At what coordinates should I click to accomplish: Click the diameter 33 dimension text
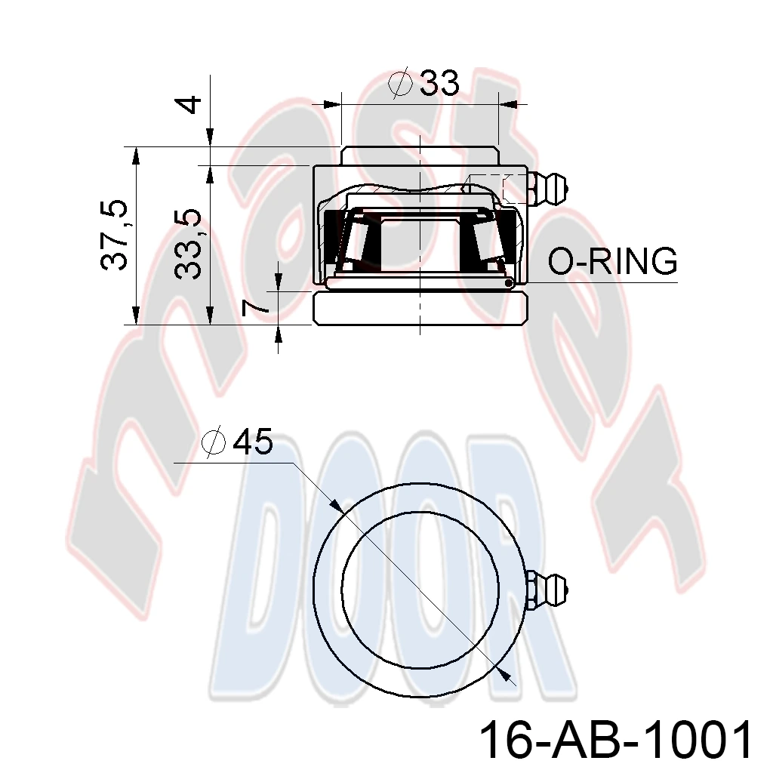point(424,82)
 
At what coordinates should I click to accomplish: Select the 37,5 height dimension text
point(115,236)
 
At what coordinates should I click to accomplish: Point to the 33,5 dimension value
point(188,244)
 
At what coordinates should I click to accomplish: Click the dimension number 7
point(256,307)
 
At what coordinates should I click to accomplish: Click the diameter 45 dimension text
point(237,441)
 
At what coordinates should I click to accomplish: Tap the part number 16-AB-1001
point(616,740)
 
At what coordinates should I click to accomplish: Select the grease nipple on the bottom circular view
point(547,589)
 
